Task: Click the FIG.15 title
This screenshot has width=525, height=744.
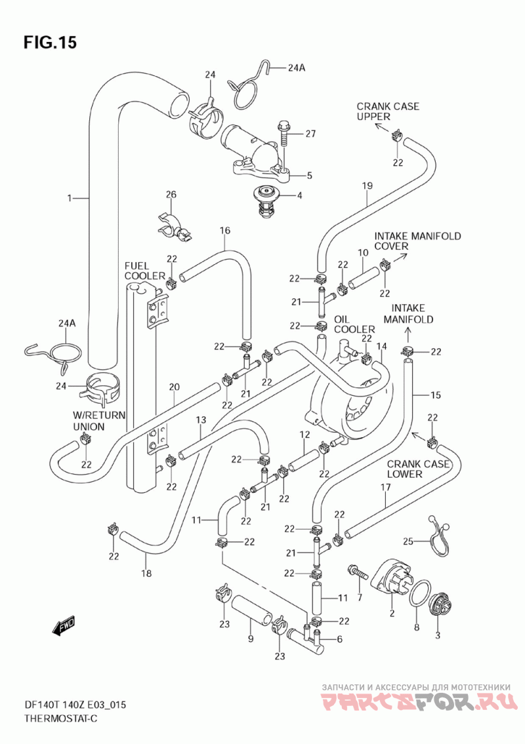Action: point(50,42)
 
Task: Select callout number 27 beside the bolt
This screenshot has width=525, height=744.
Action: point(310,134)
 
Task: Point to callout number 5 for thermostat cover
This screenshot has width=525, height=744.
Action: point(309,176)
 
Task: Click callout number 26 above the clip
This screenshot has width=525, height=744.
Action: point(171,195)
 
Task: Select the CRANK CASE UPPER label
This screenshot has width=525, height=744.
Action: point(388,111)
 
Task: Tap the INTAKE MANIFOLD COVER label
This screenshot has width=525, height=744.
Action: point(417,241)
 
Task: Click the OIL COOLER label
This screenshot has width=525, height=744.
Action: point(354,324)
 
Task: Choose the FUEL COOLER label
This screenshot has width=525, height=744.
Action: point(144,271)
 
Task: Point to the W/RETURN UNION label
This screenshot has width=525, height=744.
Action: point(99,421)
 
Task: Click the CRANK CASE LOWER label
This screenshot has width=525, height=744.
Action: point(417,469)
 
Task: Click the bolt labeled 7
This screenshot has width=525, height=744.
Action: point(358,572)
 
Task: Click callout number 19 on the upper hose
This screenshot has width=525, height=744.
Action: point(367,186)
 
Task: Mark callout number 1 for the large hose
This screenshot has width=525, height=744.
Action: point(70,198)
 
